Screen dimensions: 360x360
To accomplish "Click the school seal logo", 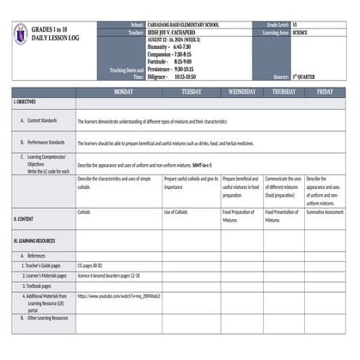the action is coord(24,35).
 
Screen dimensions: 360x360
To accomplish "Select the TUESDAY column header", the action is coord(192,91).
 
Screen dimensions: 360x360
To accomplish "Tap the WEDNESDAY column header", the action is coord(241,91).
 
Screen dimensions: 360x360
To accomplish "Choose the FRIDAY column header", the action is coord(325,91).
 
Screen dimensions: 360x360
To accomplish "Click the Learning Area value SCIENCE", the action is coord(301,33).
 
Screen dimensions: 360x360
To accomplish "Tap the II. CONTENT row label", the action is coord(25,219).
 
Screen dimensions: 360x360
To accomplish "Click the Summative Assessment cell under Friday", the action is coord(326,211).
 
